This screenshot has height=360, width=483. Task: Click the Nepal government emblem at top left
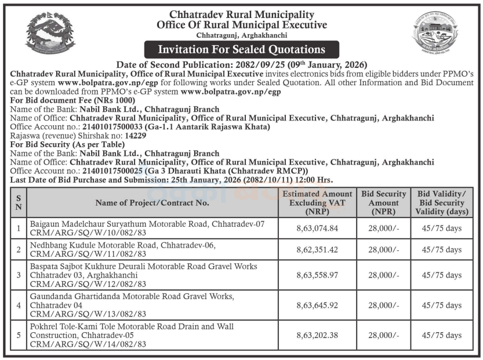50,32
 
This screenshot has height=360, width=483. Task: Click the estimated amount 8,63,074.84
317,228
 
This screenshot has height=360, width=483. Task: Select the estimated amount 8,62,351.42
317,250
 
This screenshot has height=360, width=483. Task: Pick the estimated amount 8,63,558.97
317,275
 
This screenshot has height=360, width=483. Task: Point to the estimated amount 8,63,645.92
317,305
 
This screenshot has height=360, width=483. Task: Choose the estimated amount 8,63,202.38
317,335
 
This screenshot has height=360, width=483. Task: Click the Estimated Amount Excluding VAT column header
317,202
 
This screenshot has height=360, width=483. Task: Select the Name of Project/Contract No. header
152,202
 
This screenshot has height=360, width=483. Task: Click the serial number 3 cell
19,275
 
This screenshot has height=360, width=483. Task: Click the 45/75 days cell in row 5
442,335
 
